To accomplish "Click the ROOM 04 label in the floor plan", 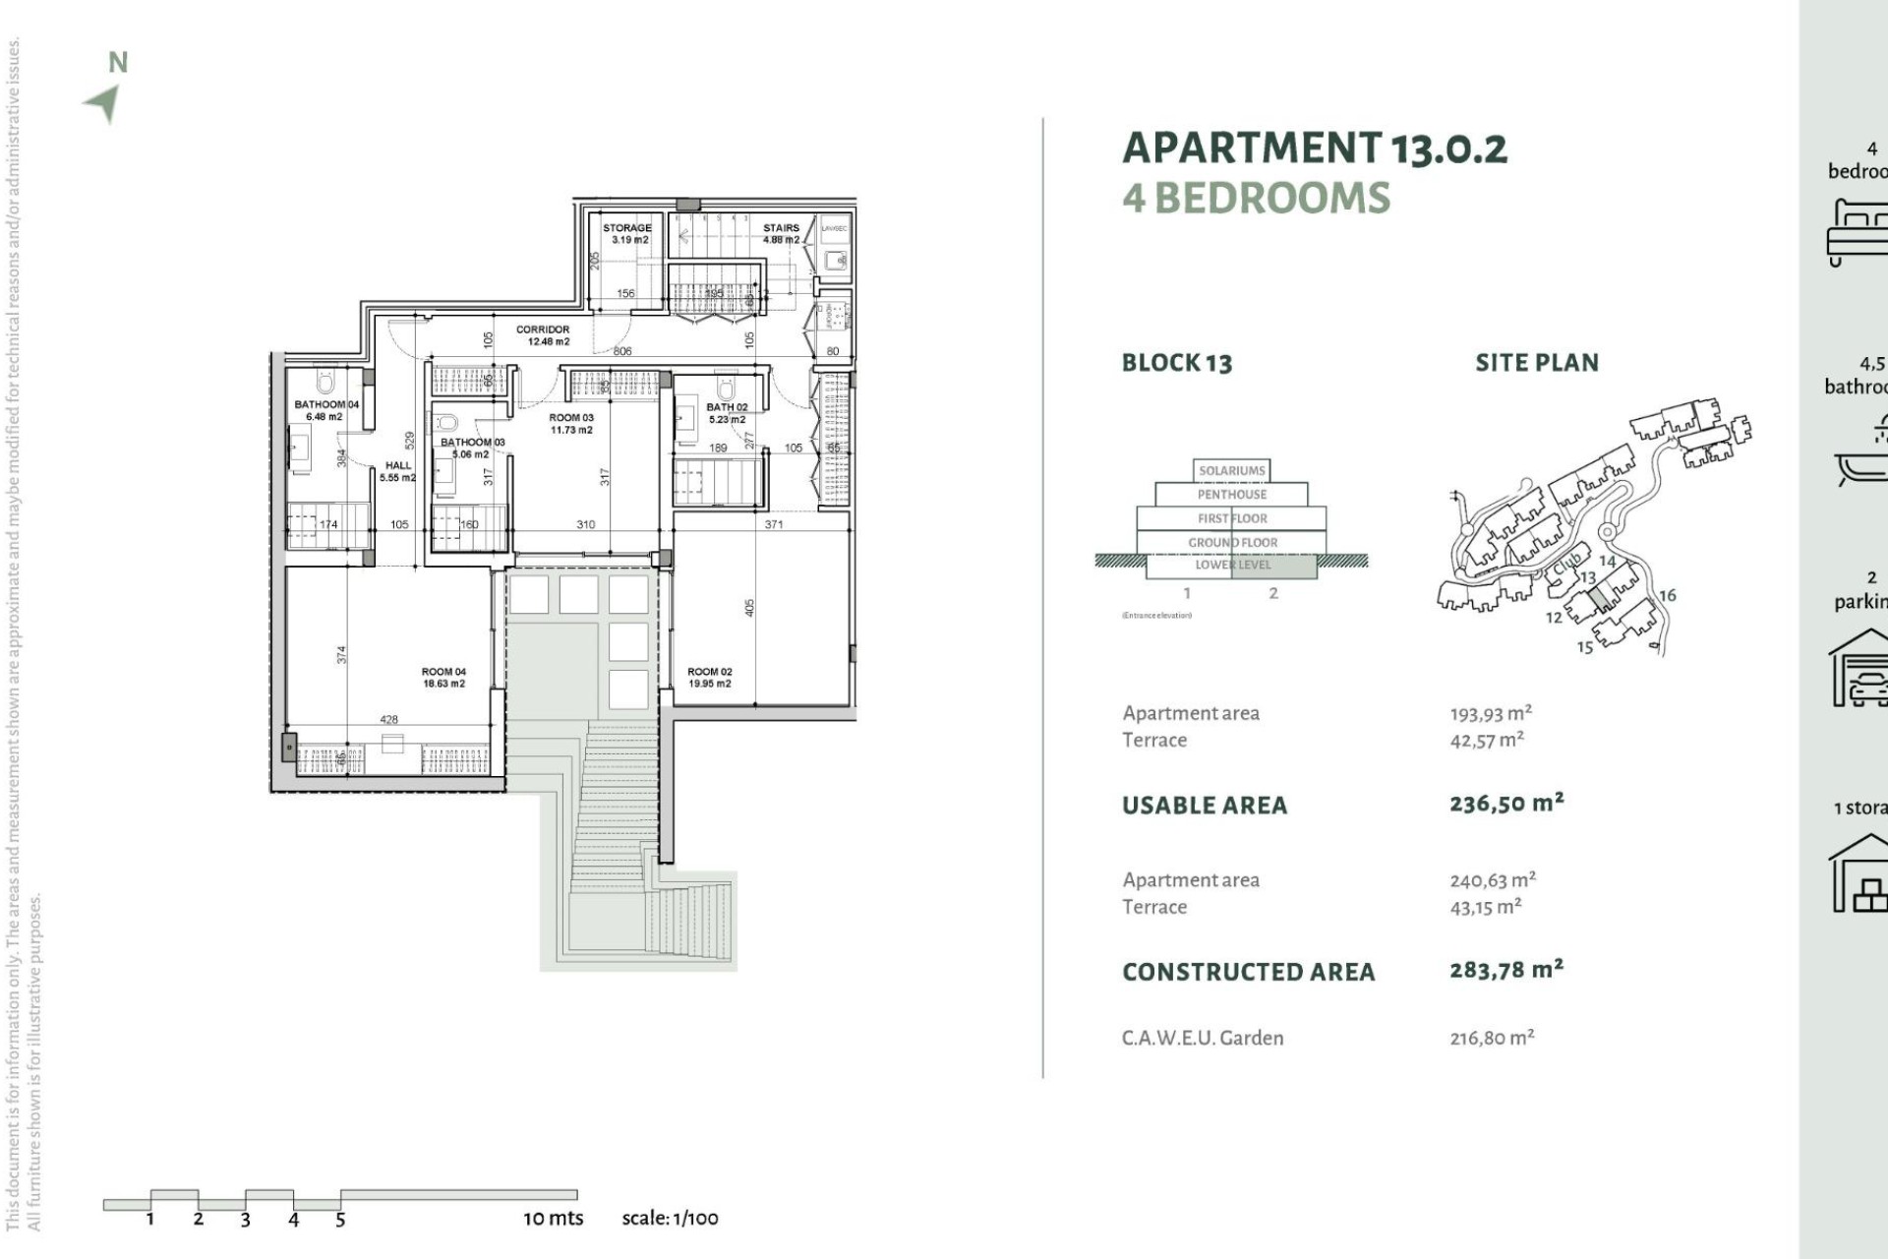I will point(443,672).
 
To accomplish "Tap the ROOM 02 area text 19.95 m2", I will point(709,684).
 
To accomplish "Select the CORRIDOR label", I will point(543,330).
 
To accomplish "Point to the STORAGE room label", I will point(626,228).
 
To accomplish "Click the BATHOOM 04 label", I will point(326,404).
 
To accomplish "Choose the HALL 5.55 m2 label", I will point(398,471).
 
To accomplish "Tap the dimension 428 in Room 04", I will point(389,720).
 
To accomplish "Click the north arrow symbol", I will point(103,102).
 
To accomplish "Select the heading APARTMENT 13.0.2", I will point(1315,149).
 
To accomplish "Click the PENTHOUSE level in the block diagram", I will point(1231,495).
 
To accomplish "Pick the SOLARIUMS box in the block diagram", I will point(1231,470).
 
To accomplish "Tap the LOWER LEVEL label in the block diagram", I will point(1232,566).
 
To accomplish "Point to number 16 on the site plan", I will point(1668,595).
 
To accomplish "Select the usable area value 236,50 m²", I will point(1505,804).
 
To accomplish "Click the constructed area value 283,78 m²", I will point(1505,971).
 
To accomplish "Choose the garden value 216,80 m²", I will point(1492,1038).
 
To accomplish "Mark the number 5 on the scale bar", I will point(340,1221).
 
